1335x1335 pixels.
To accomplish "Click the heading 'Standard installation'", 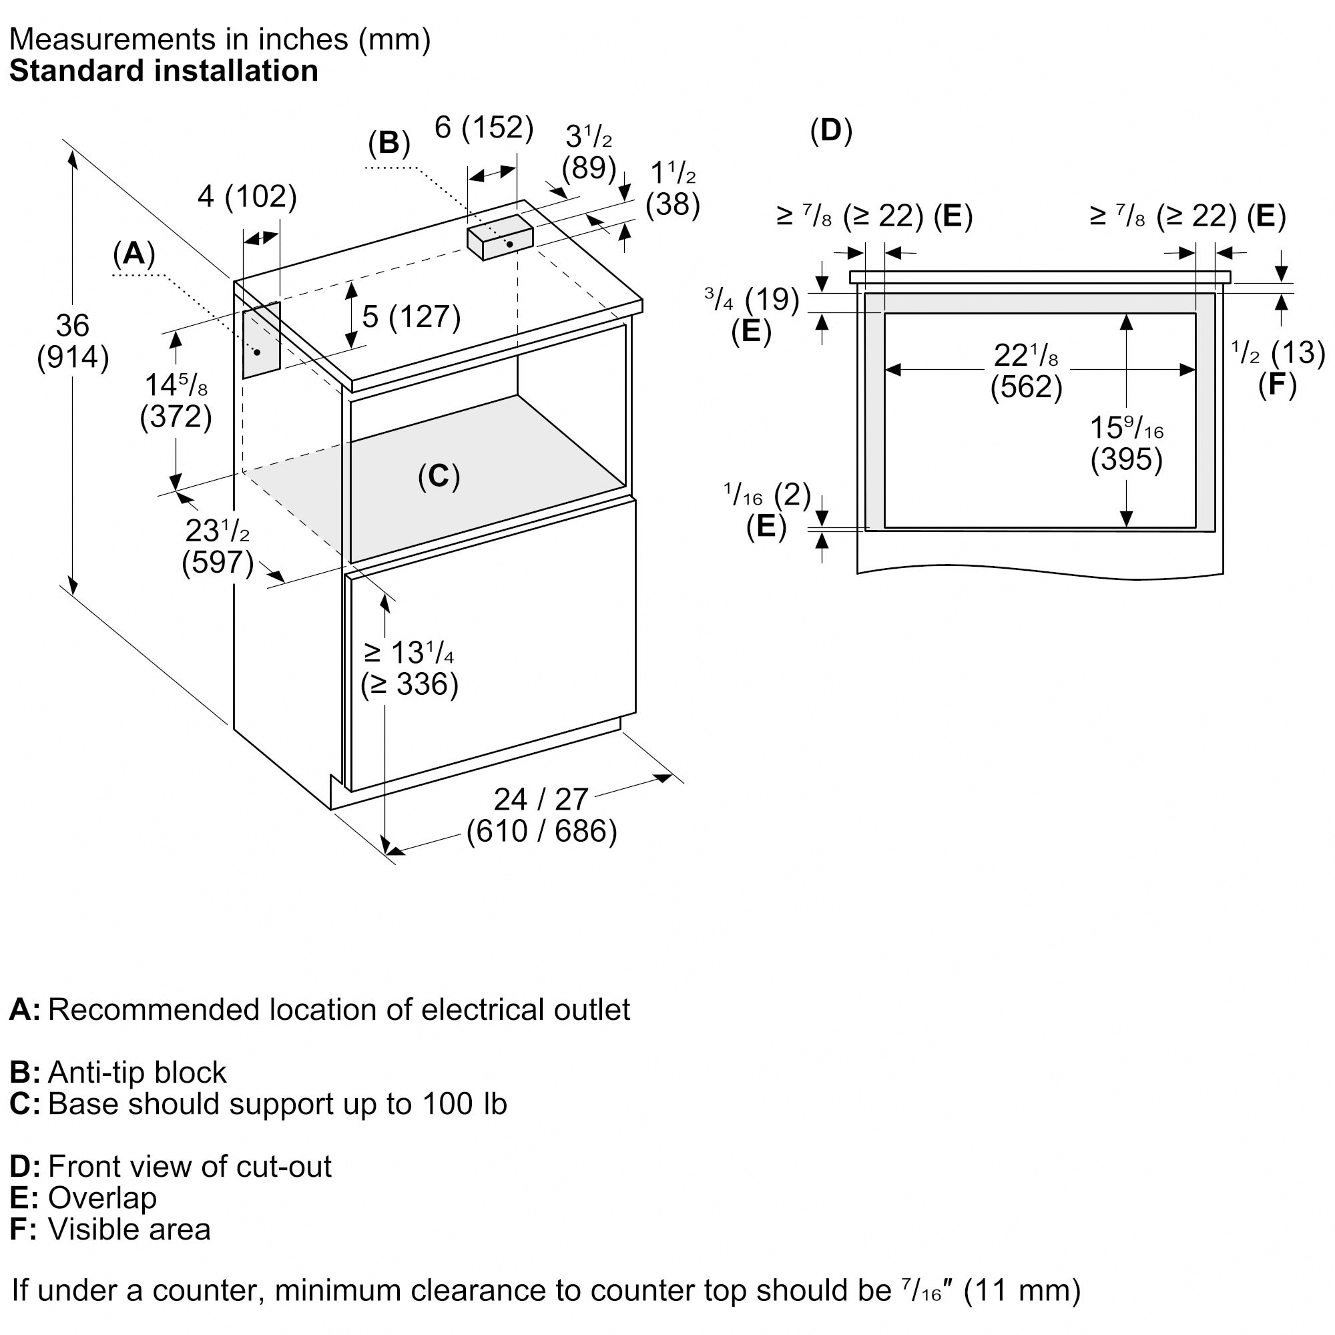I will [x=164, y=71].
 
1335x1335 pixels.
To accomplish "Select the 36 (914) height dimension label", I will [x=73, y=341].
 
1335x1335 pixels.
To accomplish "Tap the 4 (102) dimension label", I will [x=247, y=197].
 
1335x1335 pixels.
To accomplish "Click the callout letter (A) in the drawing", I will [x=134, y=254].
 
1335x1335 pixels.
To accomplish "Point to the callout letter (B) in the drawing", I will [x=389, y=143].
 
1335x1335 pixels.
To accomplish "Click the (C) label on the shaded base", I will [x=439, y=476].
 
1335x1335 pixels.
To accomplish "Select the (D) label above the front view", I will [x=831, y=131].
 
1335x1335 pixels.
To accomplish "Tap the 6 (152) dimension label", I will [x=484, y=128].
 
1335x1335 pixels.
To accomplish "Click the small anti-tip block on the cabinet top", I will [x=499, y=236].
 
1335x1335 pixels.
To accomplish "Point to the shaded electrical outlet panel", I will [x=261, y=340].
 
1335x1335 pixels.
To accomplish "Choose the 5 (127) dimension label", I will [x=411, y=316].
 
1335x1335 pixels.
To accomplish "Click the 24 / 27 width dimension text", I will [x=541, y=800].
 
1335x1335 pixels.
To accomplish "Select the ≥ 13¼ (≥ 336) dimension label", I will [x=409, y=668].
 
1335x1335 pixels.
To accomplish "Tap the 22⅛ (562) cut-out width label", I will [x=1026, y=371].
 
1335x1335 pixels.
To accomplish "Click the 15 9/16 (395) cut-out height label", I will [x=1126, y=443].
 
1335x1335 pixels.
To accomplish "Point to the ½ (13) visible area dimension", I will [x=1278, y=353].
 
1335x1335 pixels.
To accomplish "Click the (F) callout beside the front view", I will [x=1277, y=384].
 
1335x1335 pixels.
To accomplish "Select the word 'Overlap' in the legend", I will [x=102, y=1197].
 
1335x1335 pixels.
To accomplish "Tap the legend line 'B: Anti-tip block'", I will [x=118, y=1072].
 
